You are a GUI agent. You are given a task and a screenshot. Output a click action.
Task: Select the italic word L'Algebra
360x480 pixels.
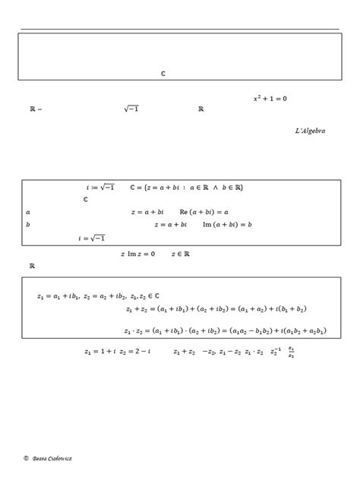coord(310,131)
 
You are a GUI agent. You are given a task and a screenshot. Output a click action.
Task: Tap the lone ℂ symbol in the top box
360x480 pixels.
coord(163,74)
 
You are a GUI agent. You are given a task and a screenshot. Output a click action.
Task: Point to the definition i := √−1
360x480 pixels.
coord(101,187)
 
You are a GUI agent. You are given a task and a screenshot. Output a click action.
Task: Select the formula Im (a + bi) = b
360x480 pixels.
coord(227,225)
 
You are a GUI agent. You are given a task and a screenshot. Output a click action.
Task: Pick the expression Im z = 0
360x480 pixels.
coord(141,255)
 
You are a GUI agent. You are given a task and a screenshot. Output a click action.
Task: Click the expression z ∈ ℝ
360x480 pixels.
coord(180,255)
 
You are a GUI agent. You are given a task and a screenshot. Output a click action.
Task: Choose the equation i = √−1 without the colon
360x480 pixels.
coord(91,238)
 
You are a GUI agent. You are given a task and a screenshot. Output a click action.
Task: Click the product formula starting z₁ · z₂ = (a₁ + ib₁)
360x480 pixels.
coord(225,330)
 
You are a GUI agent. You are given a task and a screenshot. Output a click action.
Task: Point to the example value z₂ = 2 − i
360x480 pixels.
coord(137,352)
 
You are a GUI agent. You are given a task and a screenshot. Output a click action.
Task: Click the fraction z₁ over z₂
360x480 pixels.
coord(292,352)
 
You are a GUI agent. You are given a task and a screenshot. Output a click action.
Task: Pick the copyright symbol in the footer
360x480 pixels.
coord(26,459)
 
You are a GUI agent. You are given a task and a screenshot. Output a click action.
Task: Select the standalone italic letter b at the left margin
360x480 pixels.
coord(27,225)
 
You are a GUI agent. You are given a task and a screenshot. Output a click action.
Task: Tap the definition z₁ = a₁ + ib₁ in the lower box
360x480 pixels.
coord(56,295)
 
